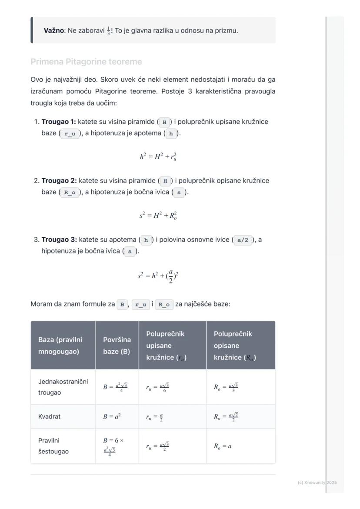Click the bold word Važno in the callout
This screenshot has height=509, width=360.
click(x=53, y=30)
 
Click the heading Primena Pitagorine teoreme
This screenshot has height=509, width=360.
click(x=86, y=62)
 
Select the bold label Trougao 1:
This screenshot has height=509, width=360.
click(x=59, y=122)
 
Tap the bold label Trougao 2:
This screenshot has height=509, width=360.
click(x=59, y=180)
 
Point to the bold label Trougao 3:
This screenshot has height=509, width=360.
click(x=59, y=240)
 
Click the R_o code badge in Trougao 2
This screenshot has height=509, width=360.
click(x=70, y=192)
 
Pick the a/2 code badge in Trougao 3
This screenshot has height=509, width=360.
click(x=243, y=240)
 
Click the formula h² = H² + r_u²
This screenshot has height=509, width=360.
click(x=158, y=157)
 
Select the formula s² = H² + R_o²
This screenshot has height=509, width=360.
click(x=158, y=216)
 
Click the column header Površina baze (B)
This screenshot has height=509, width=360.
click(x=117, y=346)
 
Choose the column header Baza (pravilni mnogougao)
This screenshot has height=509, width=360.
click(x=60, y=346)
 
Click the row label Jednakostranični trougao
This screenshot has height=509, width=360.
click(x=63, y=387)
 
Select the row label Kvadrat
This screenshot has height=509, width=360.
click(x=49, y=416)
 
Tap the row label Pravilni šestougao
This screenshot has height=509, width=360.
click(x=53, y=446)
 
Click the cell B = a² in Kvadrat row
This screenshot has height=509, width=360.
click(x=112, y=416)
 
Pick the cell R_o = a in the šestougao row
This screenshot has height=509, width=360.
click(x=223, y=446)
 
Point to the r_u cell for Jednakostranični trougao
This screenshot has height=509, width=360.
click(x=157, y=387)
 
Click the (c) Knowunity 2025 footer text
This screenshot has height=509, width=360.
click(x=317, y=482)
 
